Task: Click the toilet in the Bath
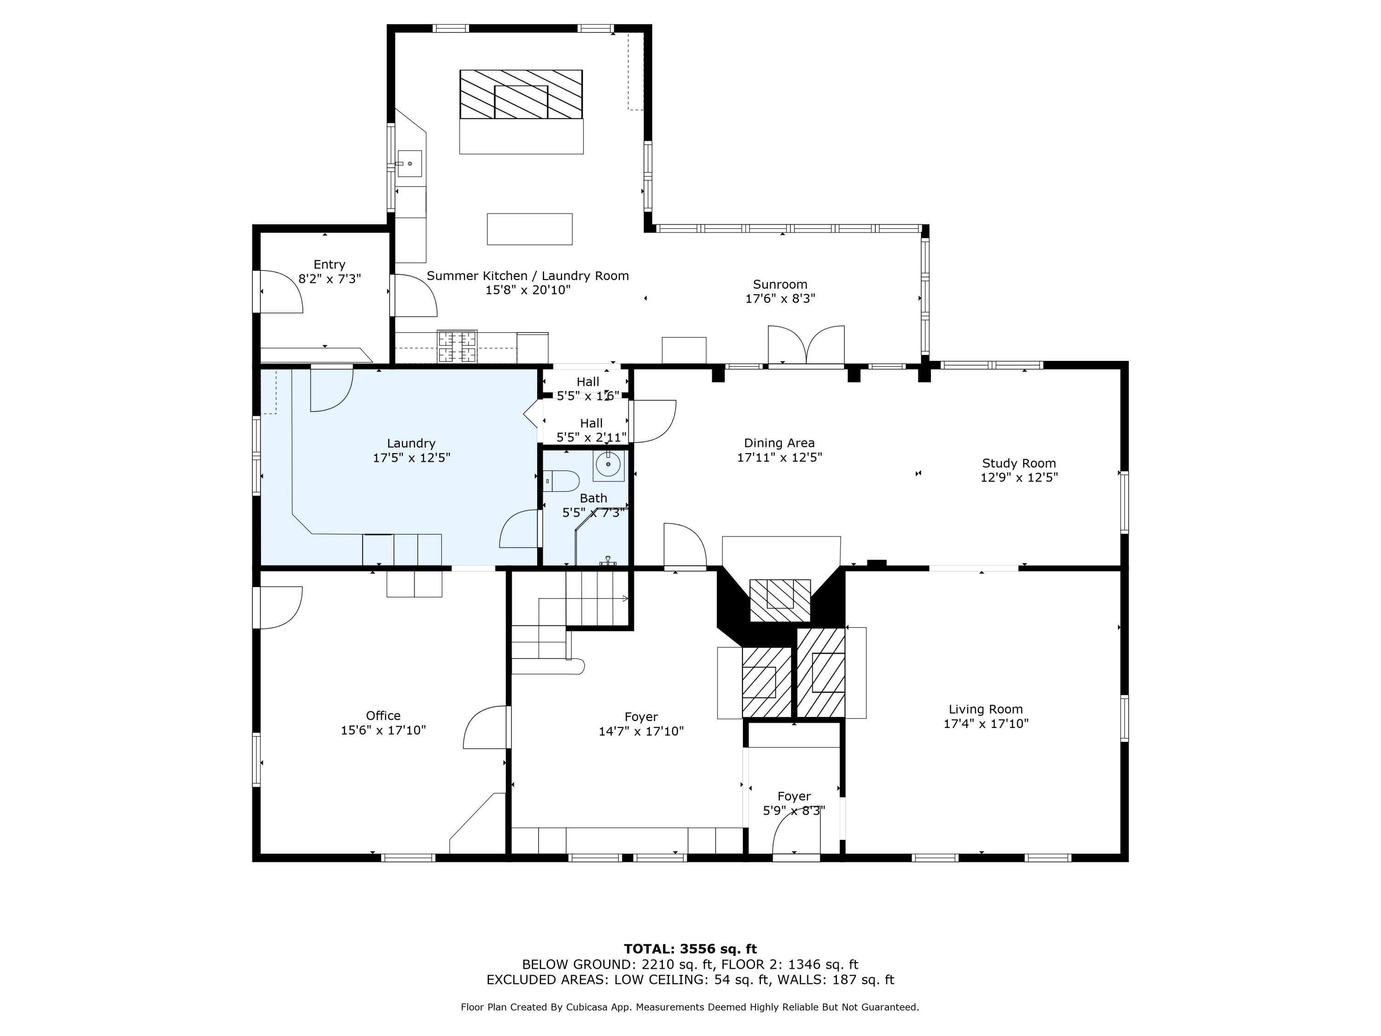pyautogui.click(x=562, y=481)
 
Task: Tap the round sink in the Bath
pyautogui.click(x=608, y=465)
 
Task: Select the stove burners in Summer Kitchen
pyautogui.click(x=457, y=347)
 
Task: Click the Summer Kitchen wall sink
pyautogui.click(x=410, y=163)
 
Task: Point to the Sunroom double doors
pyautogui.click(x=806, y=345)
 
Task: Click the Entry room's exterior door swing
pyautogui.click(x=281, y=291)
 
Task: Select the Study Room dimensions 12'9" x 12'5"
pyautogui.click(x=1019, y=478)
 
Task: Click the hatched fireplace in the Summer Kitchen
pyautogui.click(x=521, y=94)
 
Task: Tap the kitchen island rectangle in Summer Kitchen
pyautogui.click(x=529, y=229)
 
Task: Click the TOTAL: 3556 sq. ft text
pyautogui.click(x=690, y=949)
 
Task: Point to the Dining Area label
pyautogui.click(x=779, y=443)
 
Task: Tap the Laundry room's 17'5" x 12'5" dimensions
pyautogui.click(x=412, y=458)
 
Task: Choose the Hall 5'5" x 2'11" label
pyautogui.click(x=591, y=430)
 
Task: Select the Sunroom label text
pyautogui.click(x=780, y=284)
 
